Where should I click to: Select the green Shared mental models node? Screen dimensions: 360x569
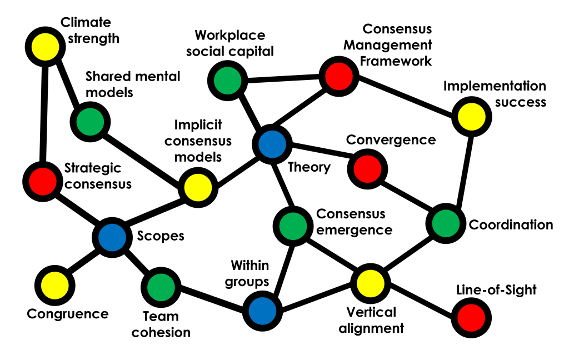(90, 121)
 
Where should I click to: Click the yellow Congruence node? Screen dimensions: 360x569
(55, 284)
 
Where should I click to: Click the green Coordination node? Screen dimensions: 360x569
(445, 223)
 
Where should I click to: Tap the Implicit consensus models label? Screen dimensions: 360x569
(202, 141)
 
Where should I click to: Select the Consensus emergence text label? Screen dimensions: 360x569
(354, 221)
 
